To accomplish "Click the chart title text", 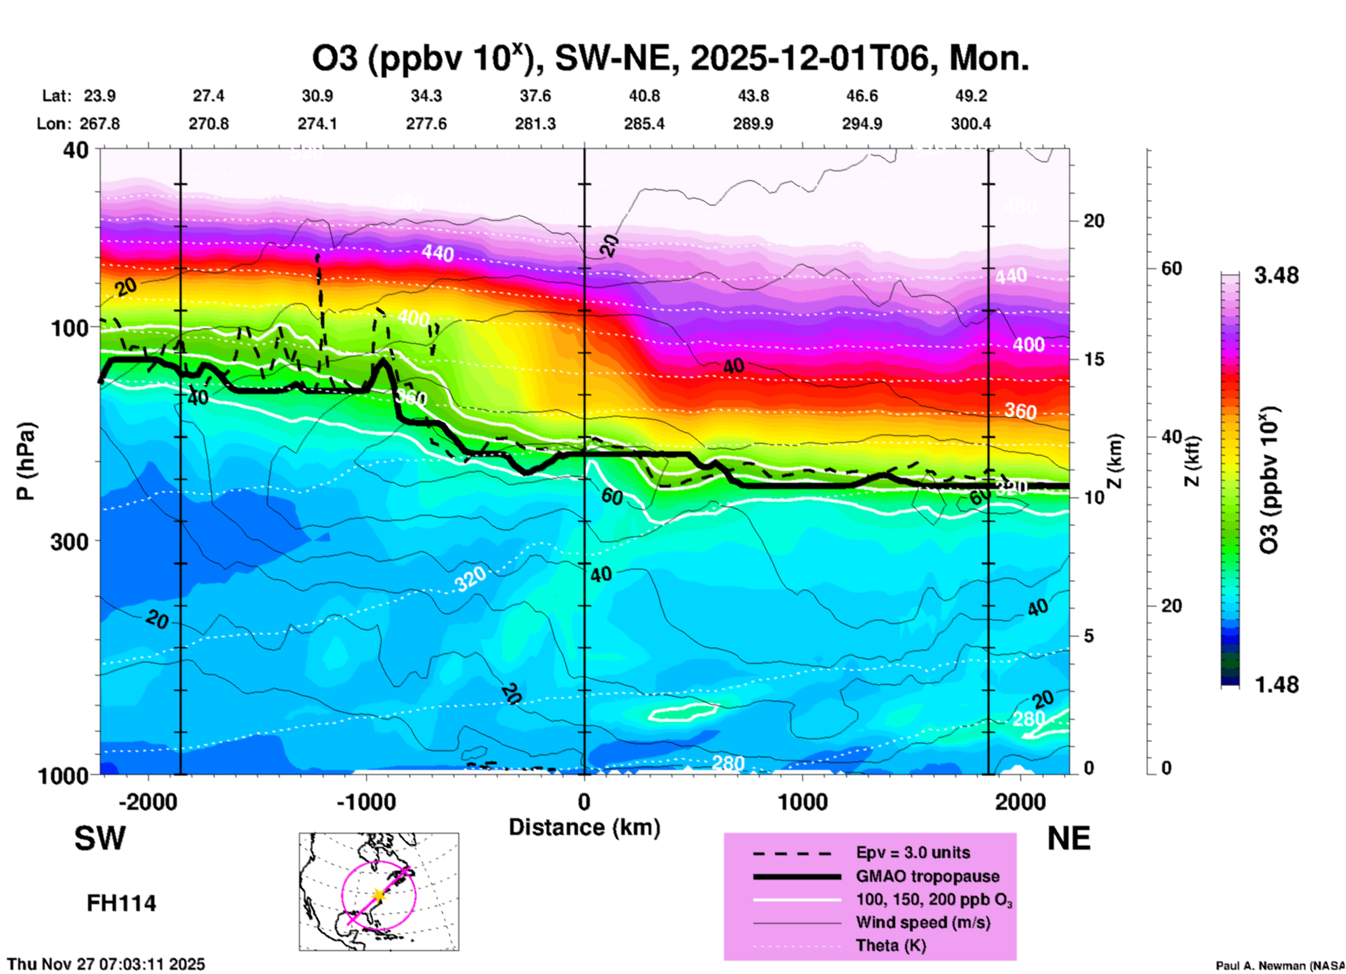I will tap(670, 58).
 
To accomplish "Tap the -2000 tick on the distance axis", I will tap(148, 801).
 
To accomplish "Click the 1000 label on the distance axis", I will tap(802, 801).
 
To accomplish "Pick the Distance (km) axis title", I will tap(584, 827).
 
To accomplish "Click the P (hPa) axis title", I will tap(25, 461).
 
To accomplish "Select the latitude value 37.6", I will tap(535, 96).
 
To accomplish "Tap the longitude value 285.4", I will tap(644, 124).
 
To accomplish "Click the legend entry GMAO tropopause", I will tap(927, 876).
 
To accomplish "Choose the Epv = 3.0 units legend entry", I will tap(913, 852).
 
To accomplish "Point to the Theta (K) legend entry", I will tap(891, 945).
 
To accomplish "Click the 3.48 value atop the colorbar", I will tap(1276, 276).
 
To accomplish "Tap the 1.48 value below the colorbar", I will tap(1276, 684).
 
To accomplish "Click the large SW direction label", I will tap(100, 838).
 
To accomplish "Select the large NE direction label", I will tap(1069, 838).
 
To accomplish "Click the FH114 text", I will tap(122, 903).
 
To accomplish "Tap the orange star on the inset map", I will tap(378, 894).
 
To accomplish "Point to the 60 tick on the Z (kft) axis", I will tap(1171, 268).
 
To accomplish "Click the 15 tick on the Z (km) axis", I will tap(1094, 359).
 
